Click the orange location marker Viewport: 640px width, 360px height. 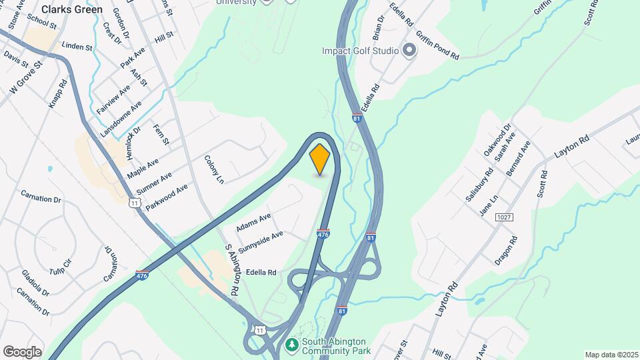(320, 159)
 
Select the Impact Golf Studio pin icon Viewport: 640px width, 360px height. (409, 51)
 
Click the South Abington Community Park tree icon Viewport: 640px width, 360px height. (291, 345)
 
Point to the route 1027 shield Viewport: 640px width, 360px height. (505, 218)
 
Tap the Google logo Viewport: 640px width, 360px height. (22, 351)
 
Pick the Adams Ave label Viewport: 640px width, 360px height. (253, 223)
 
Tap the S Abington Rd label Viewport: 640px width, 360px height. (232, 270)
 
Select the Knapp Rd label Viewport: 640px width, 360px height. (62, 94)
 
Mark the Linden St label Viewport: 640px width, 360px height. (77, 47)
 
